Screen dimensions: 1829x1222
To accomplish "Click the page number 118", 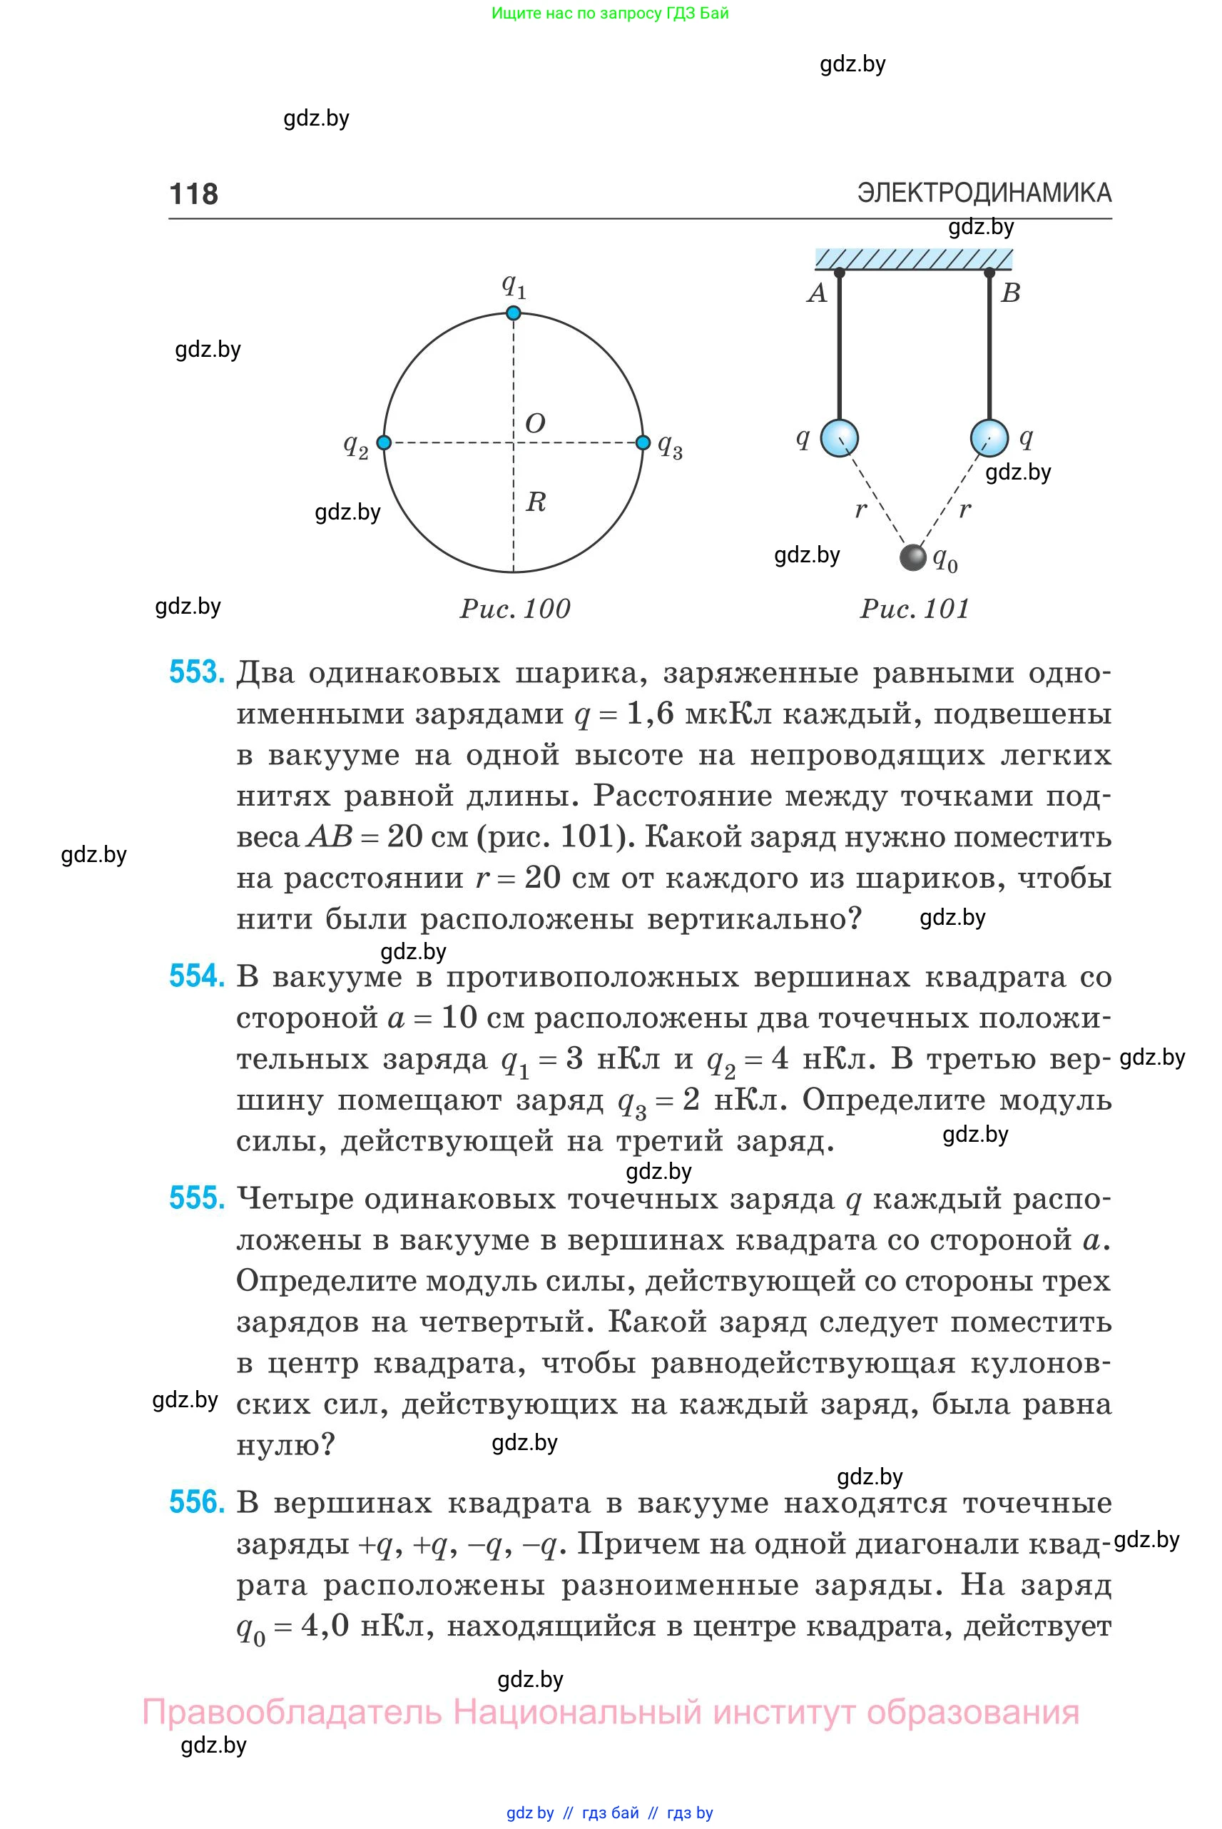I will pyautogui.click(x=193, y=193).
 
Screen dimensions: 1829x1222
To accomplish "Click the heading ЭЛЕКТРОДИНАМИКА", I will pyautogui.click(x=984, y=193).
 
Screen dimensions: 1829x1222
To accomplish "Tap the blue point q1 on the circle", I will pyautogui.click(x=513, y=313).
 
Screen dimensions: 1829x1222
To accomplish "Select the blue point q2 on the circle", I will pyautogui.click(x=383, y=443).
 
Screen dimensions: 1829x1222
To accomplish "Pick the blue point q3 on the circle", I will pyautogui.click(x=643, y=443).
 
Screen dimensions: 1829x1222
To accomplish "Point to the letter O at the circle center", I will pyautogui.click(x=534, y=423).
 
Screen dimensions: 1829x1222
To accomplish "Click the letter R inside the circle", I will pyautogui.click(x=536, y=501).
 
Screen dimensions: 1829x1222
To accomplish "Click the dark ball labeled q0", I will pyautogui.click(x=912, y=557).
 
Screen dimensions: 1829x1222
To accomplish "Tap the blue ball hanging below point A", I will pyautogui.click(x=840, y=437).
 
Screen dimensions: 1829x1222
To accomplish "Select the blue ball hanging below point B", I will pyautogui.click(x=989, y=437).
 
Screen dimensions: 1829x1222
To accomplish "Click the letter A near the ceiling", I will pyautogui.click(x=817, y=293).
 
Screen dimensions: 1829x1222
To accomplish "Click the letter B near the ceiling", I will pyautogui.click(x=1010, y=293).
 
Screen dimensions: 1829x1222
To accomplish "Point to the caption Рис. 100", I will pyautogui.click(x=514, y=609).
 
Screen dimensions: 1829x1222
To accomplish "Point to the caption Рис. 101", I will pyautogui.click(x=914, y=609).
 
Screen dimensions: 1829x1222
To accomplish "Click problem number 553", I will pyautogui.click(x=196, y=672).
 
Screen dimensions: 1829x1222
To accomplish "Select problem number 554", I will pyautogui.click(x=196, y=976).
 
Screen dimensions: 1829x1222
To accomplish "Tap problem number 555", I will pyautogui.click(x=196, y=1198).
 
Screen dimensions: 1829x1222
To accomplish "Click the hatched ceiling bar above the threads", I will pyautogui.click(x=913, y=259).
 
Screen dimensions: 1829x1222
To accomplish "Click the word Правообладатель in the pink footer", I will pyautogui.click(x=292, y=1713).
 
